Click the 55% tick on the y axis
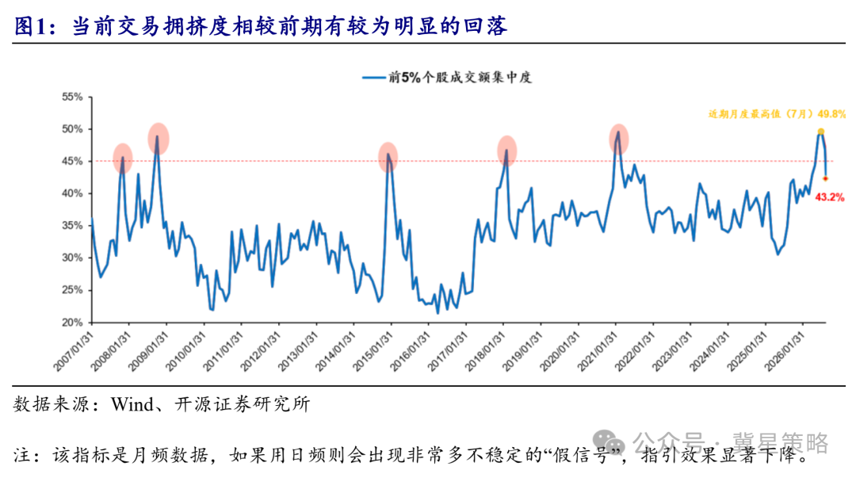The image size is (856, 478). click(x=72, y=98)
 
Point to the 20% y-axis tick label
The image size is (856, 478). click(x=72, y=323)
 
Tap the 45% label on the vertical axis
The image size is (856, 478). click(x=72, y=162)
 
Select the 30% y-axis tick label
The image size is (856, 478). click(x=72, y=258)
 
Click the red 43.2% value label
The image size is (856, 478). click(x=829, y=197)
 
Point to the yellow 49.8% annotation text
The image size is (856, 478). click(x=777, y=114)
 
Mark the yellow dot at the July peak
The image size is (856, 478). click(x=820, y=132)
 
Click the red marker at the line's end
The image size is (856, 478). click(x=825, y=178)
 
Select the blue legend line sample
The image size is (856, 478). click(x=374, y=78)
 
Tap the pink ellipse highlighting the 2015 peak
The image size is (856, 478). click(x=388, y=157)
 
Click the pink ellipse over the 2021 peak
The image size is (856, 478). click(x=618, y=139)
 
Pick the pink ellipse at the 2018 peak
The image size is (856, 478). click(x=506, y=151)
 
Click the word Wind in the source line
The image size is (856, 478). click(x=132, y=404)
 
